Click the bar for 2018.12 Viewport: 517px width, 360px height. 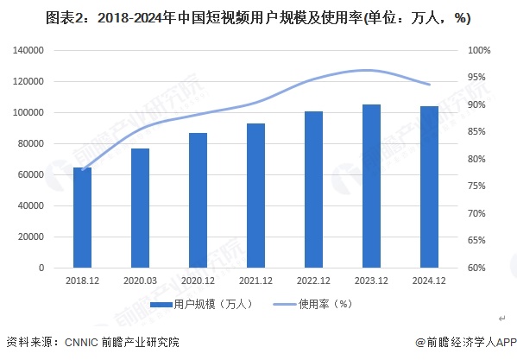tap(82, 218)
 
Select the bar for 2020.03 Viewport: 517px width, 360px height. tap(141, 208)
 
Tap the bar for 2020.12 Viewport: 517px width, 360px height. tap(199, 200)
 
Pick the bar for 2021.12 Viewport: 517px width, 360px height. tap(256, 196)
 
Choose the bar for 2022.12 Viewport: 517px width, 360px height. tap(314, 190)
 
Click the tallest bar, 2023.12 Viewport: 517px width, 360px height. tap(372, 186)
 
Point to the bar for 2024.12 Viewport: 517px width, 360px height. tap(429, 187)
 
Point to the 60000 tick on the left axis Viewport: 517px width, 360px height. tap(33, 175)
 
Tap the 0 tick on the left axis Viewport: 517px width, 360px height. tap(41, 268)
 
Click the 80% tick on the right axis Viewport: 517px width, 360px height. tap(478, 160)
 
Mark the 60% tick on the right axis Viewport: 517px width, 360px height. tap(478, 268)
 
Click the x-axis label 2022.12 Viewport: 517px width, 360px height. tap(314, 281)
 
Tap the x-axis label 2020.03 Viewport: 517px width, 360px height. tap(141, 281)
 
